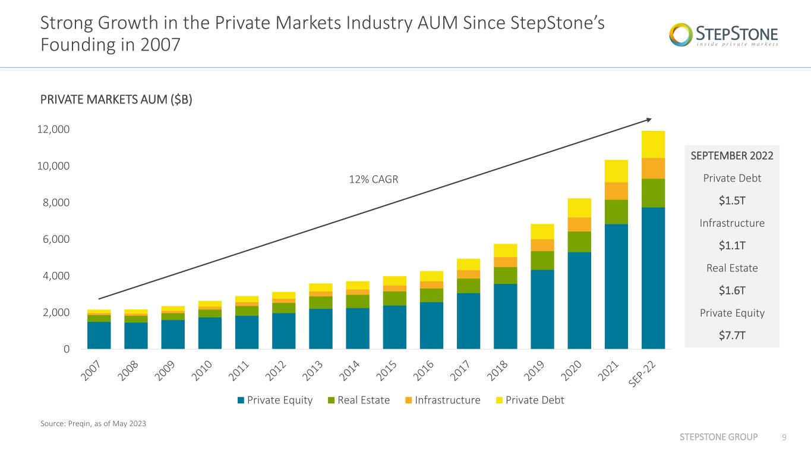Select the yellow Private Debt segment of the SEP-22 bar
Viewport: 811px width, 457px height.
653,145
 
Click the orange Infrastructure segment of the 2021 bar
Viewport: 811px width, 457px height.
616,191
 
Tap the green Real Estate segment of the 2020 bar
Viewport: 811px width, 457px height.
579,242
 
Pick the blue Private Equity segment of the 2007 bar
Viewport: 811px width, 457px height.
99,336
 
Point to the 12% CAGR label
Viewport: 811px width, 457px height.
373,179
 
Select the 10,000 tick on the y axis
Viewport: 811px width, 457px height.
53,166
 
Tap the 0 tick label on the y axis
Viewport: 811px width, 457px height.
67,349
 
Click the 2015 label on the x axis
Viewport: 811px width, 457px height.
386,371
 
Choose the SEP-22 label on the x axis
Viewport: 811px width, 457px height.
642,374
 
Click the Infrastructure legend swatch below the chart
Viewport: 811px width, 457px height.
408,400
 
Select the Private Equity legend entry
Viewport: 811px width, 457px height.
275,400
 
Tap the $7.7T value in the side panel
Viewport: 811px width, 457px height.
732,336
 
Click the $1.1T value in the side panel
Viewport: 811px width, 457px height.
732,246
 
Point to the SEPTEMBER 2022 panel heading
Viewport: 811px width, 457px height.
732,155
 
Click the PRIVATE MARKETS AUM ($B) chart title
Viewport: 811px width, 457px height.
116,99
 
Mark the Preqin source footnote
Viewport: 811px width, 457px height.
93,424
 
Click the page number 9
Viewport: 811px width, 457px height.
784,437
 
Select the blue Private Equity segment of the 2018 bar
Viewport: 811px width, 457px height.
506,317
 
